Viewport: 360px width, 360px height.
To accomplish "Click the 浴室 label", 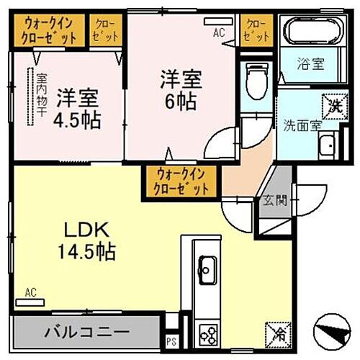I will (x=311, y=63).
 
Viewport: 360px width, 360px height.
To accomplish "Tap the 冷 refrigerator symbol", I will (x=277, y=333).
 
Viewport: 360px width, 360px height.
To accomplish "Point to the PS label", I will (x=171, y=341).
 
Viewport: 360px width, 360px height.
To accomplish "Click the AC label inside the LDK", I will (x=30, y=292).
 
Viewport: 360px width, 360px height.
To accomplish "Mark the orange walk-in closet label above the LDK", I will (x=181, y=180).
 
